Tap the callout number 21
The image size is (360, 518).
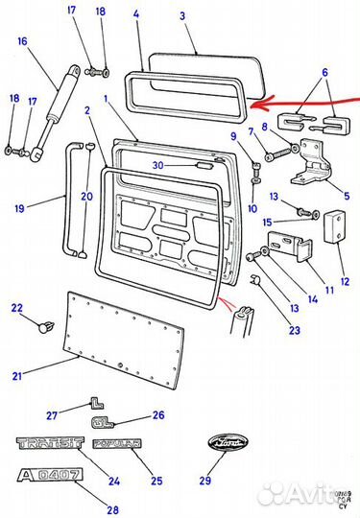[x=14, y=376]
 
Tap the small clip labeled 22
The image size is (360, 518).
[x=42, y=326]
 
